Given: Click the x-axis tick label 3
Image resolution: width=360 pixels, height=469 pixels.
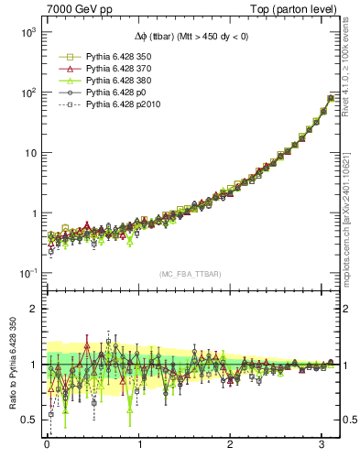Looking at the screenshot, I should coord(323,448).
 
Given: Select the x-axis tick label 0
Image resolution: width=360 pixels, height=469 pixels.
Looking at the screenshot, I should coord(47,448).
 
